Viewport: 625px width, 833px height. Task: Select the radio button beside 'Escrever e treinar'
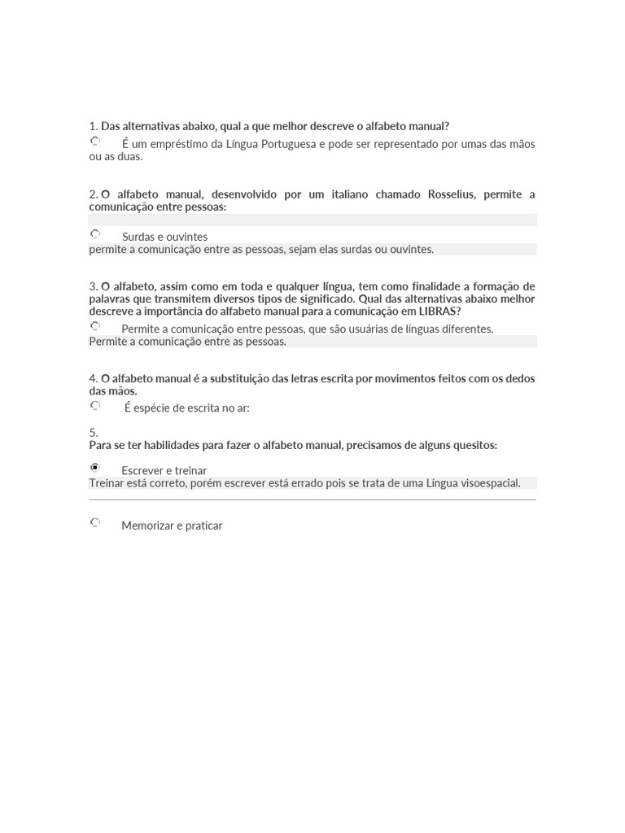(95, 468)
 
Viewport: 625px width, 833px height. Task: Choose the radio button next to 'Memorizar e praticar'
(95, 522)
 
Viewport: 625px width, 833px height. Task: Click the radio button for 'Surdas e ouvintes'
(95, 234)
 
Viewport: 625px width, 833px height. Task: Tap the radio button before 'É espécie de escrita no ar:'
(95, 405)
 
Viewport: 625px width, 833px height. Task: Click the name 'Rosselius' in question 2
(452, 194)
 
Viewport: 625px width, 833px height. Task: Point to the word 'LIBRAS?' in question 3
(439, 312)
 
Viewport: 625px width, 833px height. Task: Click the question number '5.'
(94, 433)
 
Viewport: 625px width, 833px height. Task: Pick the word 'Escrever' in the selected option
(143, 471)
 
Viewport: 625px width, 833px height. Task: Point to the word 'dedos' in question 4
(520, 378)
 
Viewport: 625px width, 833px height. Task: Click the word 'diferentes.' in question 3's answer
(465, 329)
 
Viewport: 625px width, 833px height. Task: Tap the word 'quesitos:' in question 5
(473, 446)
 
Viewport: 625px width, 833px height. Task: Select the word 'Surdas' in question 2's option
(138, 237)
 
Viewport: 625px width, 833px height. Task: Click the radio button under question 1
(95, 142)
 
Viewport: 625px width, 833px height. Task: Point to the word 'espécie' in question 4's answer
(152, 408)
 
